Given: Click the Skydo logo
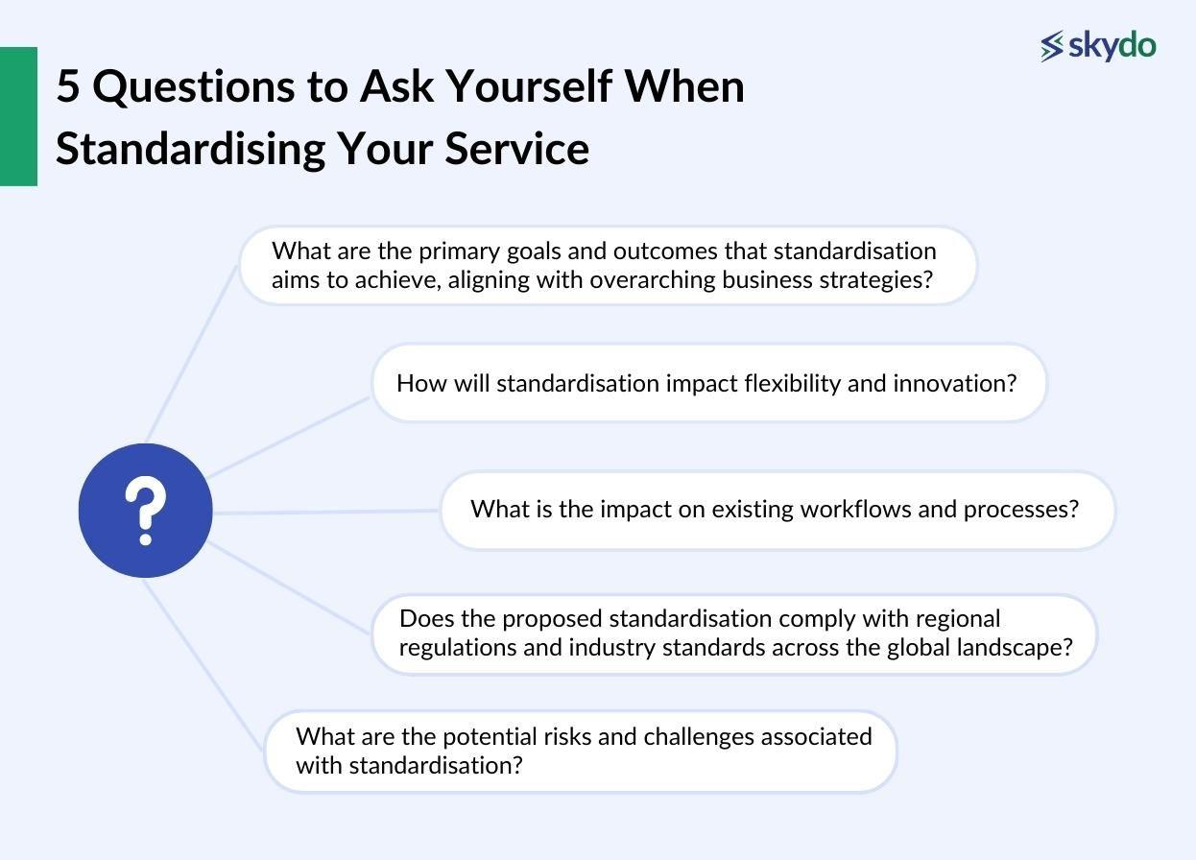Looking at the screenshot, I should pos(1098,45).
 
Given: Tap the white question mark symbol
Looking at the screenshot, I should pos(145,511).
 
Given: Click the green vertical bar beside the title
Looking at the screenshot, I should pos(18,116).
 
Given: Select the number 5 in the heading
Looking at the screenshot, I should pos(67,86).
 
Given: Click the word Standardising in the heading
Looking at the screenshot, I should pos(188,149).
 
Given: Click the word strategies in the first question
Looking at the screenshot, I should pos(880,280).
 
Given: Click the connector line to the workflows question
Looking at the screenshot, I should pos(326,512).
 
